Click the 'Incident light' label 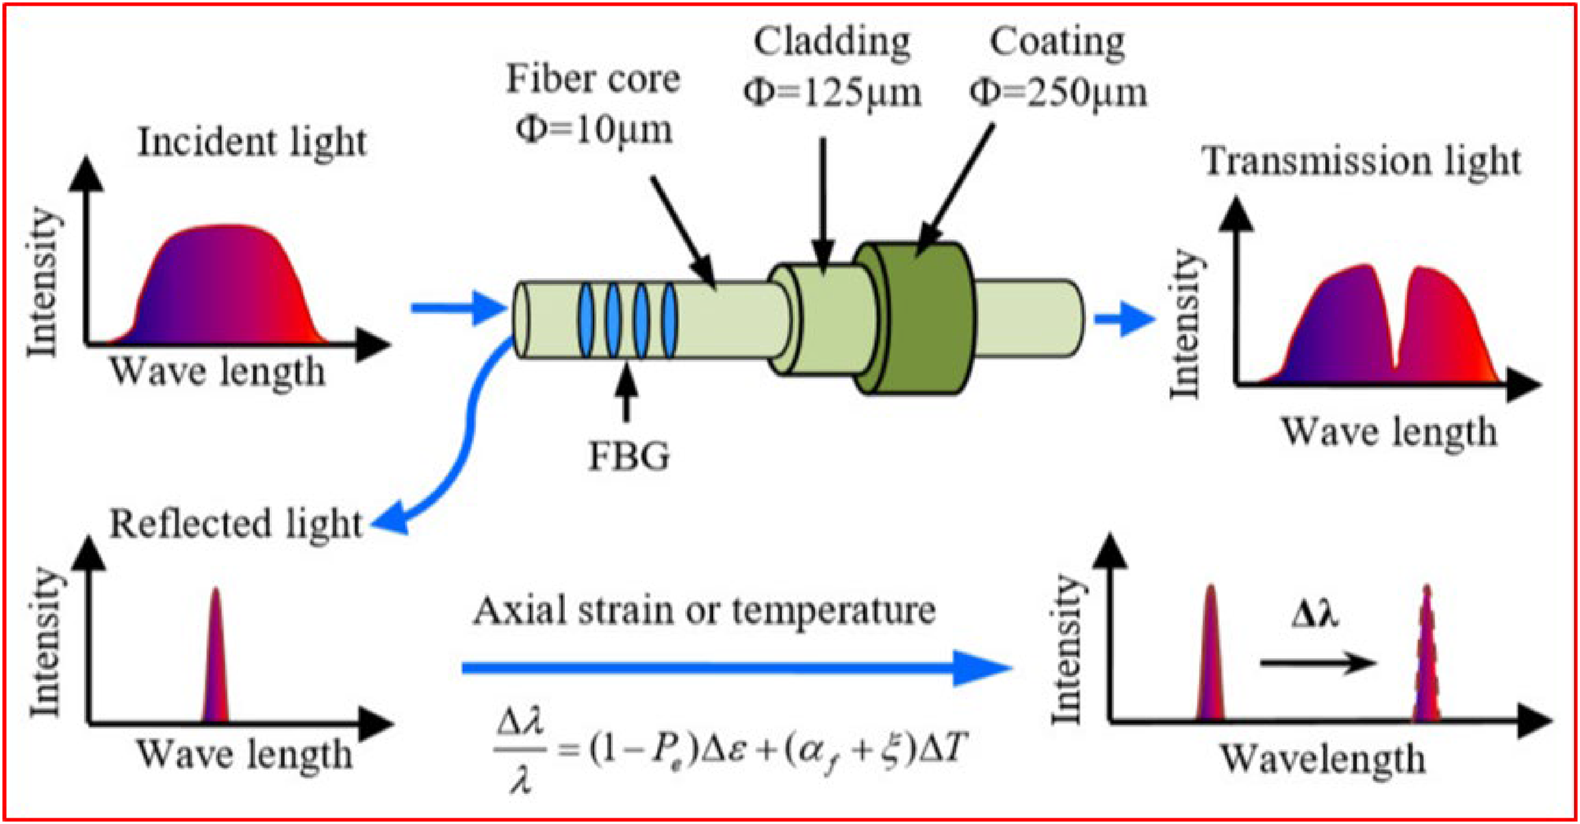252,143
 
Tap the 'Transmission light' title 1361,162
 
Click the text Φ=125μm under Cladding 832,93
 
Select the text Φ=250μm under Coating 1058,93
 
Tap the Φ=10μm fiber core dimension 594,129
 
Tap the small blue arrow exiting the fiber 1125,318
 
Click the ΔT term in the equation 943,751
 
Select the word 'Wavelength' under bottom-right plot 1322,760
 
